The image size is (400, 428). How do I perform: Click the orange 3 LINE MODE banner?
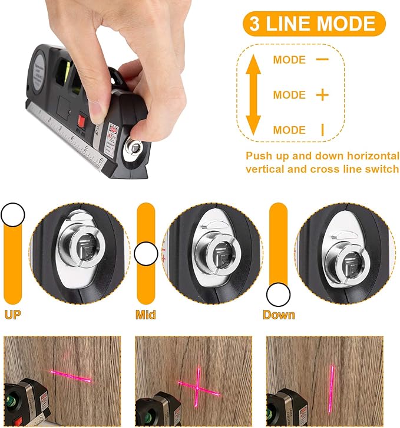(x=314, y=24)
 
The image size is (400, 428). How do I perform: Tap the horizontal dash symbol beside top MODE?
(x=322, y=59)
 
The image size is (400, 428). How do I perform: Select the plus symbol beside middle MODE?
(x=322, y=95)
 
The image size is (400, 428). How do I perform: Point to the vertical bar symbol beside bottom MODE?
(x=322, y=130)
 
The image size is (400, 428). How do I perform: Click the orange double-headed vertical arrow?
(x=253, y=94)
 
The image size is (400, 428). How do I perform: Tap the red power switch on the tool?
(x=81, y=120)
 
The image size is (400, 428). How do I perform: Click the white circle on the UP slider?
(x=13, y=214)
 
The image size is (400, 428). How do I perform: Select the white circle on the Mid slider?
(x=146, y=254)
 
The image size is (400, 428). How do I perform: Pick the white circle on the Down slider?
(x=278, y=295)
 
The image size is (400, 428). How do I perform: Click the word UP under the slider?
(x=13, y=315)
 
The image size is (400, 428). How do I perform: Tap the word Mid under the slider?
(x=146, y=315)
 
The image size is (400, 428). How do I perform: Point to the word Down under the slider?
(x=279, y=315)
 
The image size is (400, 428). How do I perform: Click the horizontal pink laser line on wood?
(x=71, y=376)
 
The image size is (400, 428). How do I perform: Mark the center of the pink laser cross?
(x=197, y=388)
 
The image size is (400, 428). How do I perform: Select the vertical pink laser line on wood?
(x=332, y=388)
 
